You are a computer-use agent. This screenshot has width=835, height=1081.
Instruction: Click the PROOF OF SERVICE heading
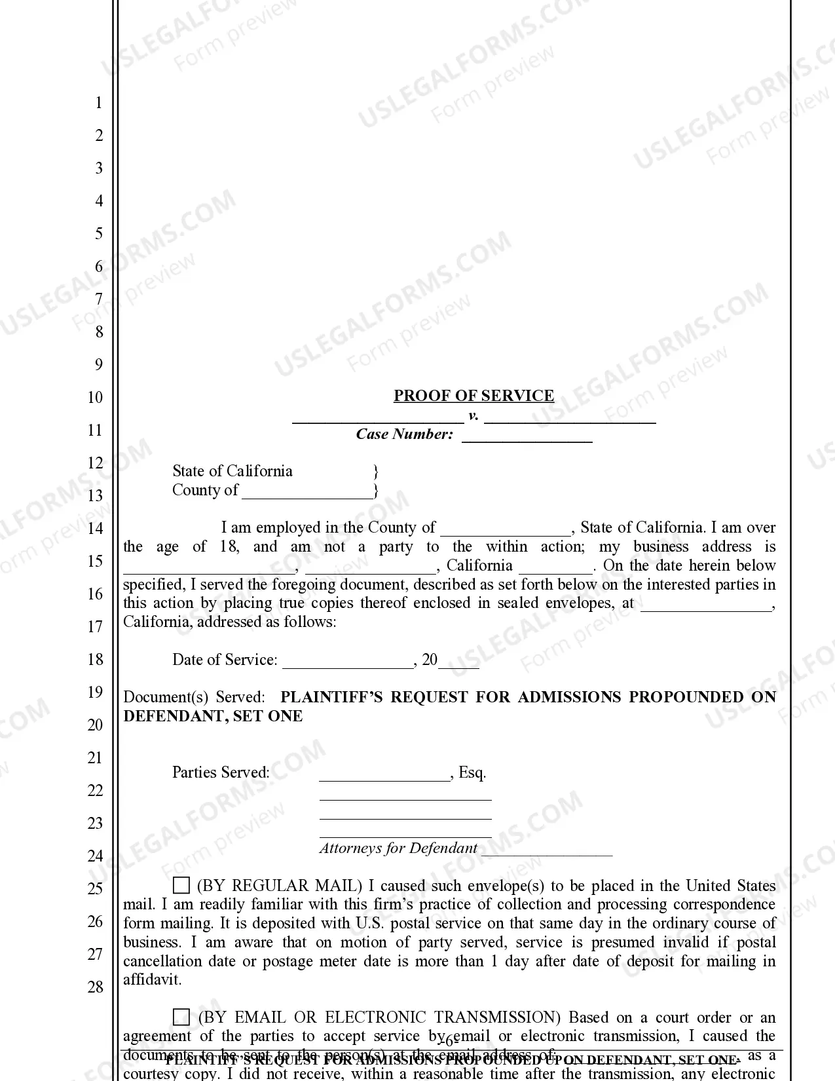pos(473,396)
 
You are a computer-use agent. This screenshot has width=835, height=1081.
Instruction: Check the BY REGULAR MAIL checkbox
pos(181,886)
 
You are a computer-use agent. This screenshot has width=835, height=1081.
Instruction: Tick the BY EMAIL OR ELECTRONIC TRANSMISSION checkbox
pos(181,1017)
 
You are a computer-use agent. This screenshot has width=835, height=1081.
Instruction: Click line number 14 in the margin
pos(96,528)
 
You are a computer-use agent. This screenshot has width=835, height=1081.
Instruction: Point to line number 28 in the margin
pos(96,987)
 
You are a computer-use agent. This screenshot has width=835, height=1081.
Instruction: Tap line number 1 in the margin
pos(99,102)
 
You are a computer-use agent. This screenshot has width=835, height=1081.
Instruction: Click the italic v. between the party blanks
pos(473,415)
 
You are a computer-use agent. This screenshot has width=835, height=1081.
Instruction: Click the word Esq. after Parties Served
pos(472,772)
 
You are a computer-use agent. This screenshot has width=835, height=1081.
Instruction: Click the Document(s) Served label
pos(194,697)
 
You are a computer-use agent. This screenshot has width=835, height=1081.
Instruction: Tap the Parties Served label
pos(221,772)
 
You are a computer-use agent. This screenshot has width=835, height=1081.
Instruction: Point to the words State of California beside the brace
pos(232,471)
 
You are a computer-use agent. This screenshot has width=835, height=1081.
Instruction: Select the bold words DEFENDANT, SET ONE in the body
pos(213,716)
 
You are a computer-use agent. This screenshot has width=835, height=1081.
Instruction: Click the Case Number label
pos(404,434)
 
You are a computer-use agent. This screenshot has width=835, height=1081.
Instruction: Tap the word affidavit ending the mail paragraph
pos(152,980)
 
